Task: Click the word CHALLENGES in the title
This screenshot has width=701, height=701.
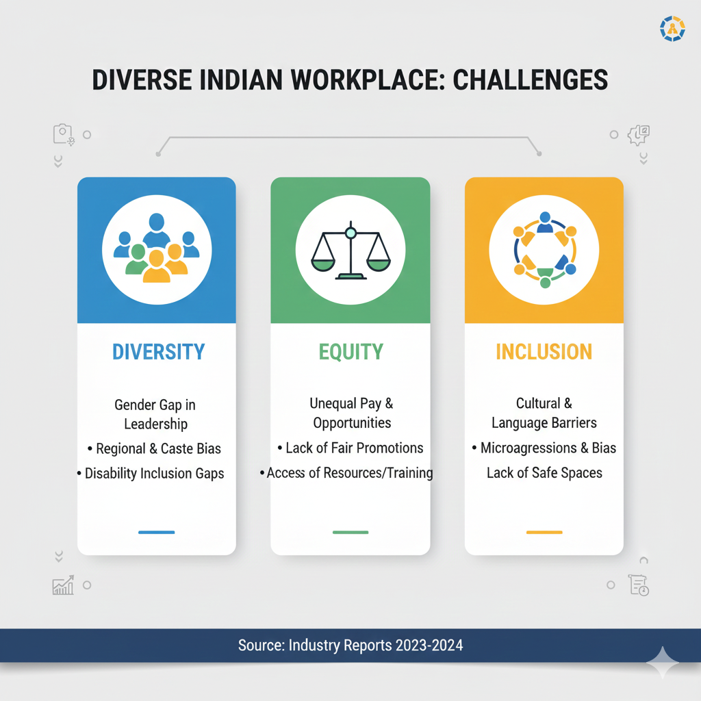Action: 531,80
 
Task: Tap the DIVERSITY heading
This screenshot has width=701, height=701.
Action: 158,352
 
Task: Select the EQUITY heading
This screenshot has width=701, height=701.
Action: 351,352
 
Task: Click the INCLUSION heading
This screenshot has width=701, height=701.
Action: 544,352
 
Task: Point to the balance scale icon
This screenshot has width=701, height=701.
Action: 351,251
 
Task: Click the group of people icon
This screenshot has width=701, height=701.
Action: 157,248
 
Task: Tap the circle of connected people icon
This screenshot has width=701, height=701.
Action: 544,250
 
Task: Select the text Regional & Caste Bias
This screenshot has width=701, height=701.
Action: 158,448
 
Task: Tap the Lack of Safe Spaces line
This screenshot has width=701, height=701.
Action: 544,473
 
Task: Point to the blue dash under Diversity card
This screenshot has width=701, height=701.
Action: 157,532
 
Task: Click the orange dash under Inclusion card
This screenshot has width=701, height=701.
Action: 544,532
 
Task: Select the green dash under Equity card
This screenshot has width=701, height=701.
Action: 350,532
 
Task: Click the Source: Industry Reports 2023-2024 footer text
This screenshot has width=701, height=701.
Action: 350,645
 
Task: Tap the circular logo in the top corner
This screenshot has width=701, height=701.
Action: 672,29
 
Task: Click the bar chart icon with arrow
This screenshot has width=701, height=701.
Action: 63,585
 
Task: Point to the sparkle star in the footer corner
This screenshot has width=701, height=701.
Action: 663,662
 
